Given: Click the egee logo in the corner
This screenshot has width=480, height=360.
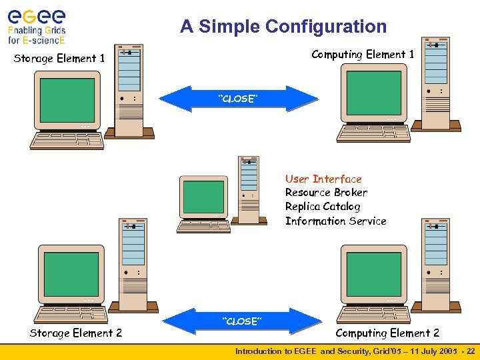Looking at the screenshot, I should tap(37, 25).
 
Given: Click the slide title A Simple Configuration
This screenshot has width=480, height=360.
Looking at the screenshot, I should tap(283, 27).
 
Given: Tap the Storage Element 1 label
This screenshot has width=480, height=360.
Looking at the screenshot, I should tap(59, 59).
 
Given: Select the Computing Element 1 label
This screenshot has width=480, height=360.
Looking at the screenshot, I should tap(363, 55).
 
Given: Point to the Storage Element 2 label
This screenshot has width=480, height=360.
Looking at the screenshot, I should tap(76, 333).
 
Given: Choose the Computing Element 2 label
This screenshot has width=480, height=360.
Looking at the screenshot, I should tap(387, 333).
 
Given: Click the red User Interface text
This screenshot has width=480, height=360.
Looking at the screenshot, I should tap(323, 179).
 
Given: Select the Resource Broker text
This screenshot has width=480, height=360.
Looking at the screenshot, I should tap(326, 193).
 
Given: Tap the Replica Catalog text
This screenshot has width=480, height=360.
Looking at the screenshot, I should tap(323, 207).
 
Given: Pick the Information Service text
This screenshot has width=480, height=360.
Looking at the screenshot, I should tap(335, 221).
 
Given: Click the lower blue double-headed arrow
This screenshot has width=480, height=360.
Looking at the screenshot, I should tap(241, 321).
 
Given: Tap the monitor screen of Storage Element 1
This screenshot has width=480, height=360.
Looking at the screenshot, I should tap(67, 97).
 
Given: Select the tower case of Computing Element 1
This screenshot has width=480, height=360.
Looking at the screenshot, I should tap(437, 83).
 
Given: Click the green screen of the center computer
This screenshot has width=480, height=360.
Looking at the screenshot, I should tap(203, 197).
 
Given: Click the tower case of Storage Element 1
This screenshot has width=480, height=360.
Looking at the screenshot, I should tap(129, 90).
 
